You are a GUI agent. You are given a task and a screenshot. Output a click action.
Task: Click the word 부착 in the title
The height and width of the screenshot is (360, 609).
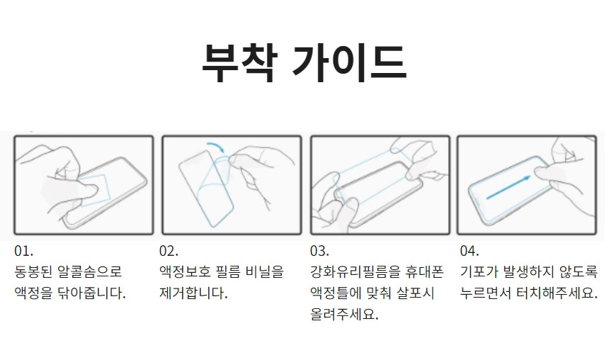[239, 62]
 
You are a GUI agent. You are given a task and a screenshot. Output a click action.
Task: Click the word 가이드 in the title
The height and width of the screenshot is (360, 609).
[350, 62]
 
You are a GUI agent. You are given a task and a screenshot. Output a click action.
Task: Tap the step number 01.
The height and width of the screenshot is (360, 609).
[23, 251]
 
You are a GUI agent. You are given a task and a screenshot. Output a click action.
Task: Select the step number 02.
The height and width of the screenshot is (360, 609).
[169, 251]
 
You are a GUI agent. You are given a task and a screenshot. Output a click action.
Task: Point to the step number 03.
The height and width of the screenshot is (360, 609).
[319, 251]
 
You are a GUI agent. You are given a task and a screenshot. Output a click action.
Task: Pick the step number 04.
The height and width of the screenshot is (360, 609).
[469, 251]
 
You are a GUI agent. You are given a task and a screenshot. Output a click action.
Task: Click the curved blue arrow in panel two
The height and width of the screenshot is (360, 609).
[216, 146]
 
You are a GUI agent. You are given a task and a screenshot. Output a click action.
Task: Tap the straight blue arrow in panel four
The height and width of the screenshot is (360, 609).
[508, 187]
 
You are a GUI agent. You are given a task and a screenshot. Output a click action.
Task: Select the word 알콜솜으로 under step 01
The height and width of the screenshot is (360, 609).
[90, 271]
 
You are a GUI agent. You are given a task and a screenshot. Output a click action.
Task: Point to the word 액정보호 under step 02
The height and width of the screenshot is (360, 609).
[183, 271]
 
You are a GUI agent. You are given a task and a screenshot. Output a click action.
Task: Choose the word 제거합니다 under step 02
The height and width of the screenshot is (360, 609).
[193, 293]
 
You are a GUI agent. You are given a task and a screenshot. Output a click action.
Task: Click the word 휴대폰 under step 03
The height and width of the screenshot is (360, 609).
[424, 271]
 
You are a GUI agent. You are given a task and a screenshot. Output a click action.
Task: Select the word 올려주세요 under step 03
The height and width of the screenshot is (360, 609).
[344, 314]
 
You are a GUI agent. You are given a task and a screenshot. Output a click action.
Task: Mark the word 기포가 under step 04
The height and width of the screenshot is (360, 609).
[479, 271]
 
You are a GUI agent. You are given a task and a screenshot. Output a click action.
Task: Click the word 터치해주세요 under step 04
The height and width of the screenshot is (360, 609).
[557, 293]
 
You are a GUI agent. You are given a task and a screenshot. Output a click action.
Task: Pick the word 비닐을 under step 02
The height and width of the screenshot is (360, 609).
[265, 271]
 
